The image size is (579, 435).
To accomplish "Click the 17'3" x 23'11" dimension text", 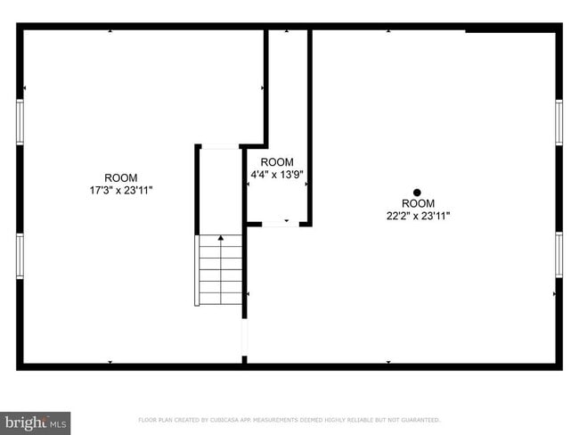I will (121, 190).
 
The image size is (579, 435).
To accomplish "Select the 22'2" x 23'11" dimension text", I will (418, 216).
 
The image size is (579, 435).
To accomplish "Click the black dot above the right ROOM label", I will (417, 193).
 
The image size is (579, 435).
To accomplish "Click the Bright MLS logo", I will (36, 422).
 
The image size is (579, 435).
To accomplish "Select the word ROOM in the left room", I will (121, 177).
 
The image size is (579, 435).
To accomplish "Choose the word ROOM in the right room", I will (418, 204).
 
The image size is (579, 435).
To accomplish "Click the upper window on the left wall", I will (20, 122).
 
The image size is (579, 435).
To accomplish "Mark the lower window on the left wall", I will (20, 257).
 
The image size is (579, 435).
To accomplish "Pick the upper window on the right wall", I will (559, 122).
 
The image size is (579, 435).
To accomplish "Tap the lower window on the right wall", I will (559, 254).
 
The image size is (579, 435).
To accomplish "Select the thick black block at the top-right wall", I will (512, 29).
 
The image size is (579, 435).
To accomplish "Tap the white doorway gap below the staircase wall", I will (244, 337).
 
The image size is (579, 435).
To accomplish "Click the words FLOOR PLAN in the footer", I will (154, 420).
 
